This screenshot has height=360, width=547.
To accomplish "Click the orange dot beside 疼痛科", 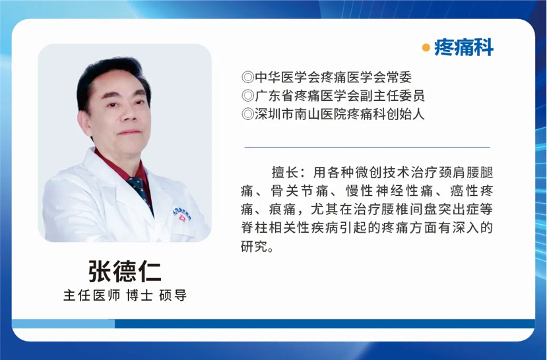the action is click(x=426, y=47).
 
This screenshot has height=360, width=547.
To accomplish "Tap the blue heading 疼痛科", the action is click(x=464, y=47).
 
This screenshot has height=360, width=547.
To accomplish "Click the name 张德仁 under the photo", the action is click(x=125, y=271).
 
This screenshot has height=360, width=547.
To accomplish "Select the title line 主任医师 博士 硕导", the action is click(x=125, y=295).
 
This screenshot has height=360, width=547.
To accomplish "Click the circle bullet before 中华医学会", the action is click(x=247, y=77).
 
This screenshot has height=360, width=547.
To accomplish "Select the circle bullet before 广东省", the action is click(x=247, y=96).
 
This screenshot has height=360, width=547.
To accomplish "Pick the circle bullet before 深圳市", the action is click(x=247, y=114).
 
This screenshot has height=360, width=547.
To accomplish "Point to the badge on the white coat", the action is click(x=182, y=214).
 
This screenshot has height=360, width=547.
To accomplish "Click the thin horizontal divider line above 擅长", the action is click(x=368, y=148).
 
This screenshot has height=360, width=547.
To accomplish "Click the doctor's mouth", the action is click(x=129, y=133).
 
